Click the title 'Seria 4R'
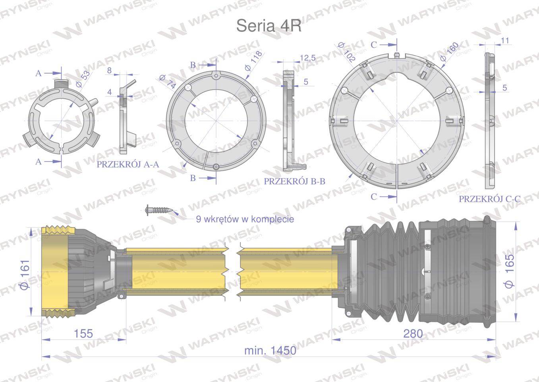coord(269,26)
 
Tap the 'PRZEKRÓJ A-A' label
coord(128,164)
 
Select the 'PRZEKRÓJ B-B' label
coord(295,181)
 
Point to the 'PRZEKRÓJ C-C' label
coord(490,199)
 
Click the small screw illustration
coord(159,210)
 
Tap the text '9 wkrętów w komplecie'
coord(245,219)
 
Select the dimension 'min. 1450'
coord(270,351)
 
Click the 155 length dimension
coord(83,333)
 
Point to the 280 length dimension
coord(413,333)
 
